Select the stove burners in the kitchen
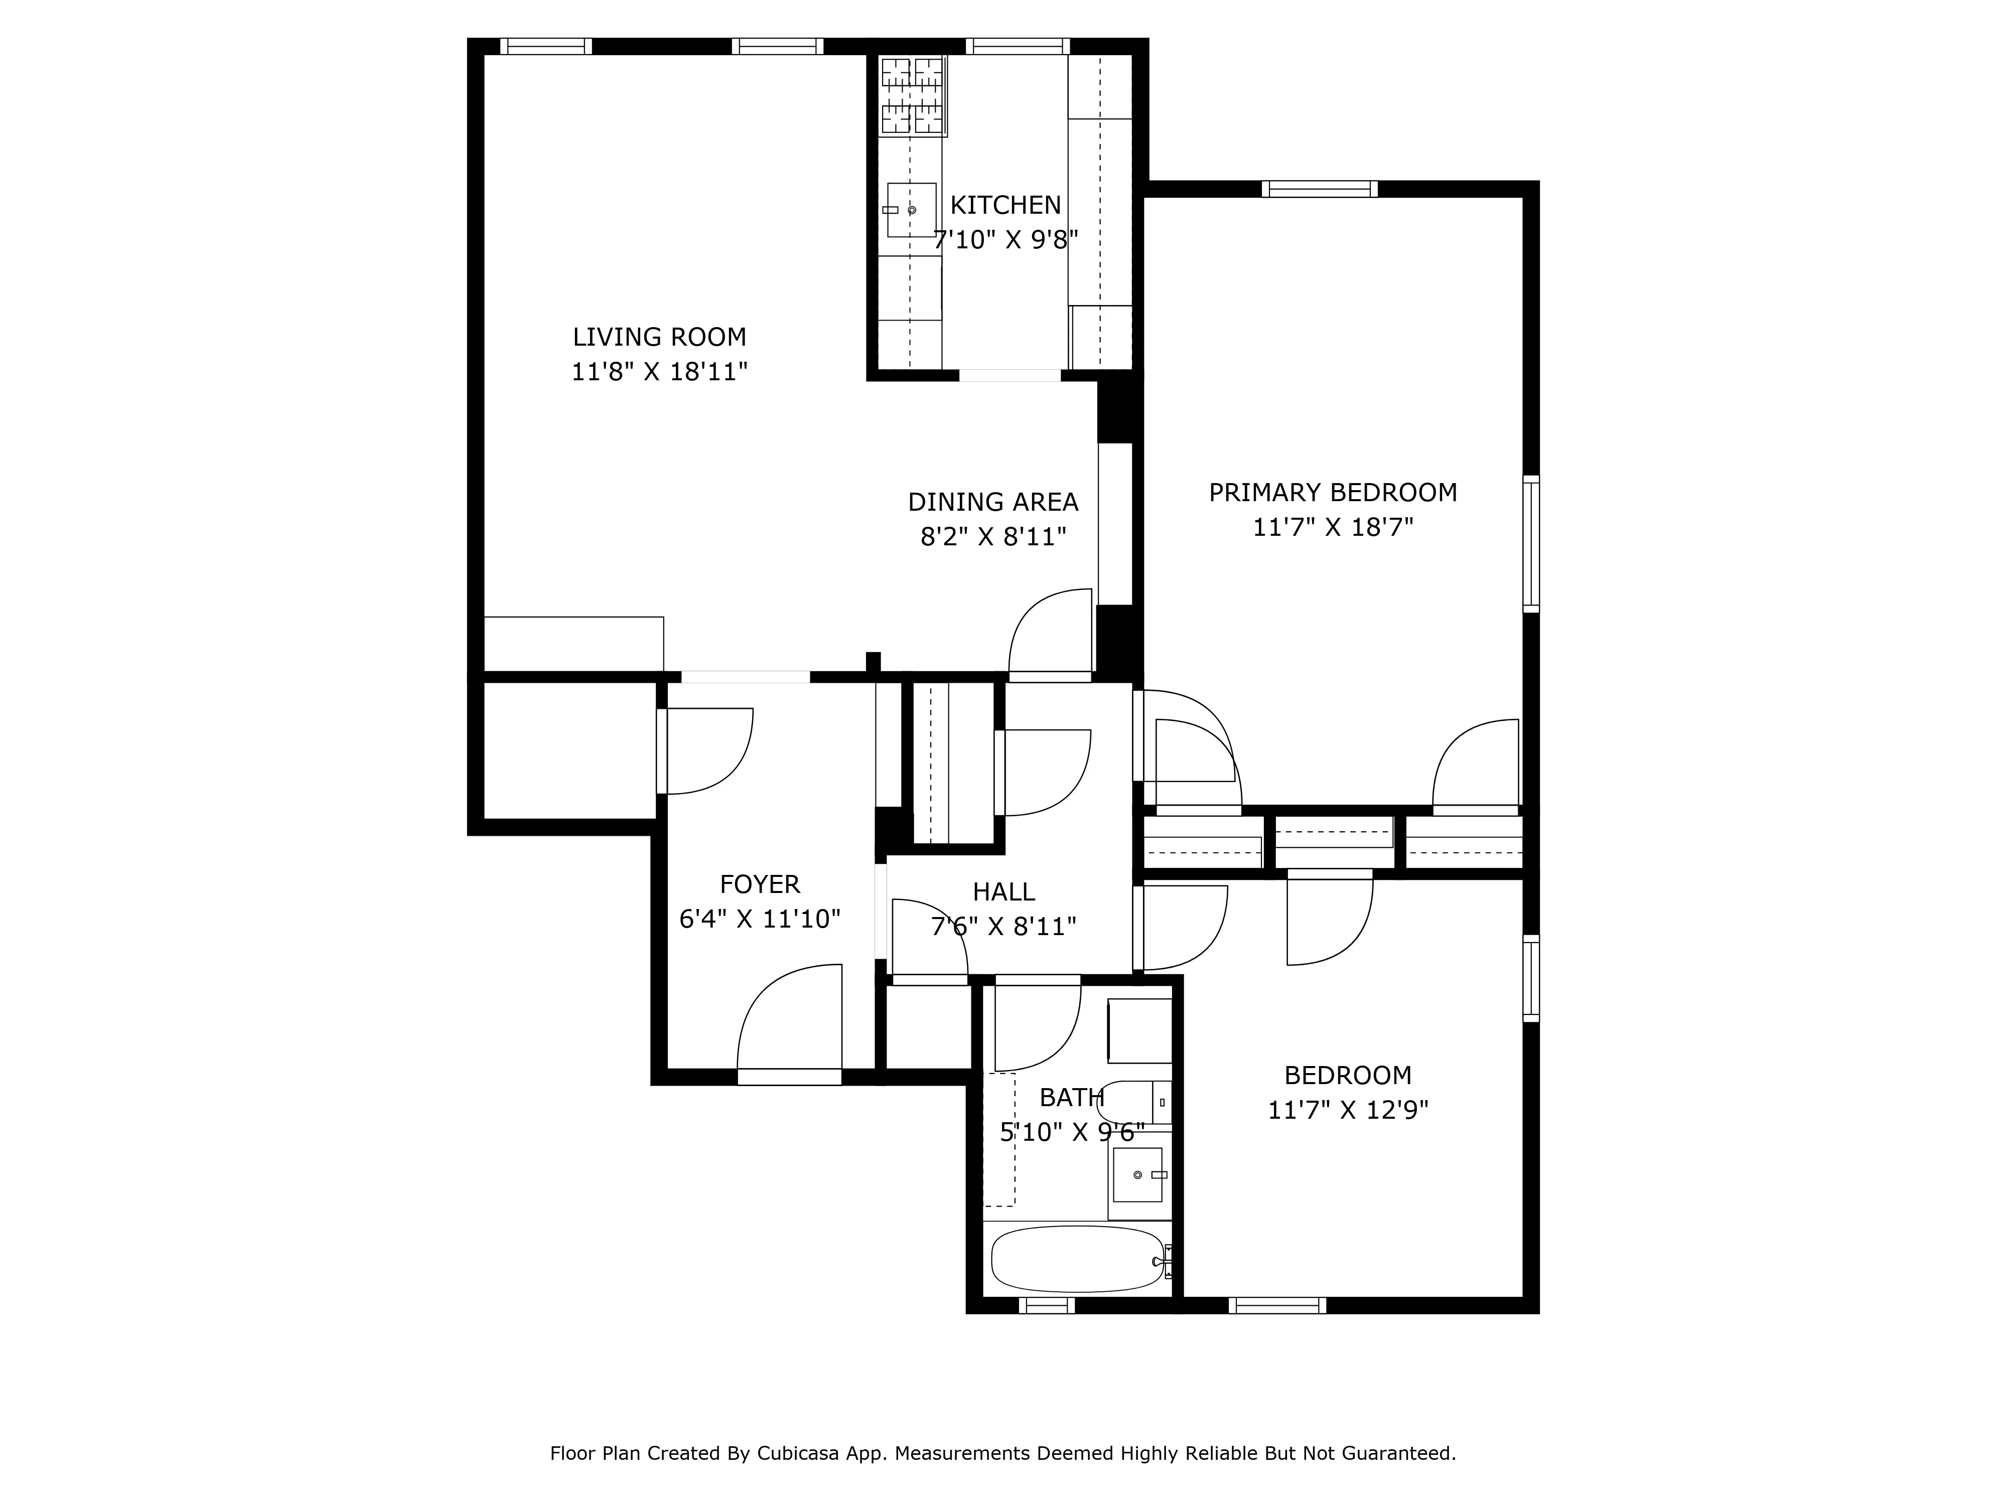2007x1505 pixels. (x=912, y=96)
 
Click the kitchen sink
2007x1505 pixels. (x=911, y=211)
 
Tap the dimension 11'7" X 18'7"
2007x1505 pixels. (x=1332, y=528)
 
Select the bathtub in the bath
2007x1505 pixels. (x=1077, y=1259)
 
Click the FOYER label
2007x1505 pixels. (x=760, y=884)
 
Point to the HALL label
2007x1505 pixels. (x=1004, y=892)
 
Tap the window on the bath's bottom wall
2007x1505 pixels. (x=1046, y=1305)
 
